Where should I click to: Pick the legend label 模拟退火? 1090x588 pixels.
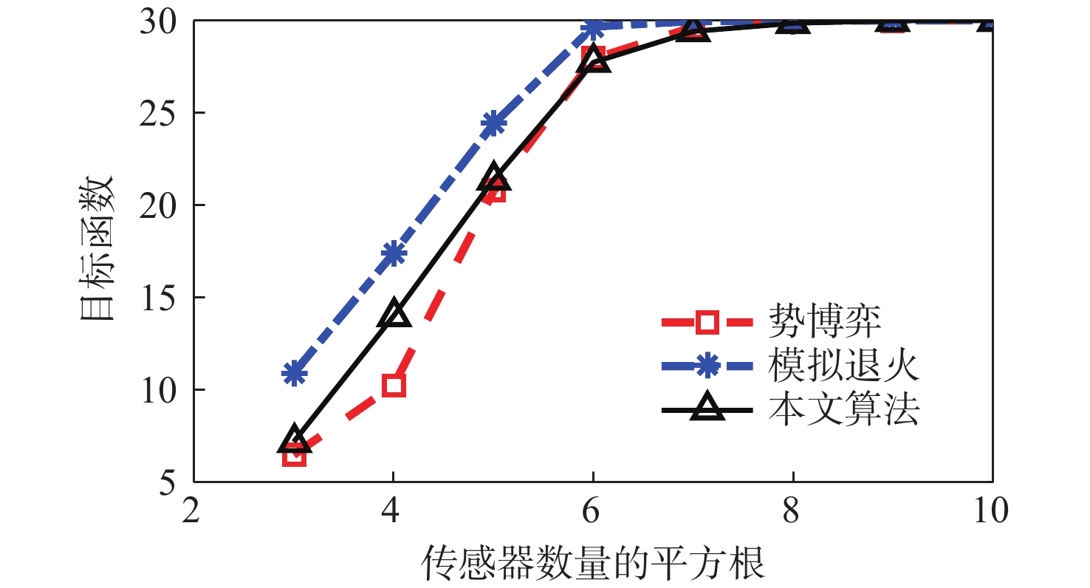tap(845, 365)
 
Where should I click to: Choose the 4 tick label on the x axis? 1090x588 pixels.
tap(393, 510)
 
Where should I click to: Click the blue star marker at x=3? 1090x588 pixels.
tap(294, 373)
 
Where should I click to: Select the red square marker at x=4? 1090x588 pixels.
tap(394, 385)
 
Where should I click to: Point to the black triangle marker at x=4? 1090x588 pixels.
tap(394, 314)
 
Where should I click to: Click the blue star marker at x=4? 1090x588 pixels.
tap(394, 253)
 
